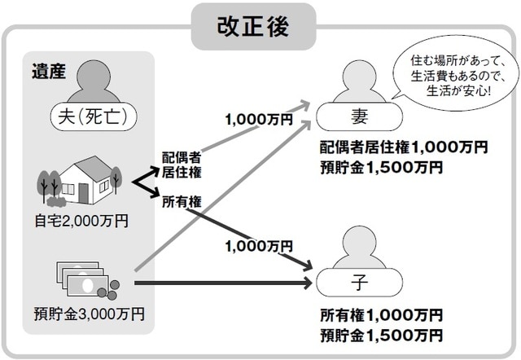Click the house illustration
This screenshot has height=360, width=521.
point(85,181)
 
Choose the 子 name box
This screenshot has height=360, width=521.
point(358,283)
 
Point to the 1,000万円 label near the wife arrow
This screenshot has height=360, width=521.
point(258,119)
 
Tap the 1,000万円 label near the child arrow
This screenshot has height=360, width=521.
point(258,246)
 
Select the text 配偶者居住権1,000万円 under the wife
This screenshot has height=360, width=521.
point(404,149)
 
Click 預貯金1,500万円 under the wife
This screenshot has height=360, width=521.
point(381,168)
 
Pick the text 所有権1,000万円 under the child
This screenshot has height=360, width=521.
point(381,314)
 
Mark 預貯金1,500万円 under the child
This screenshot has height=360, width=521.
point(381,334)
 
